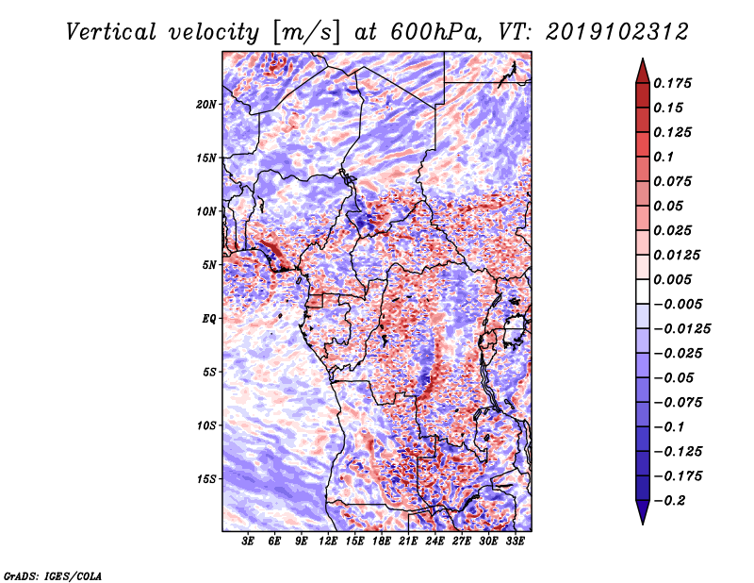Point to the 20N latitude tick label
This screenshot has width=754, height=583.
(x=206, y=104)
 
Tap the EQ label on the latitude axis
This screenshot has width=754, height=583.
(x=209, y=318)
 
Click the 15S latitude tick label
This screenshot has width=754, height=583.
(x=206, y=478)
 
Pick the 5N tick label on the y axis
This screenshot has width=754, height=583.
(x=209, y=264)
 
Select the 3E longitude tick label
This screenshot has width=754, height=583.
(x=249, y=541)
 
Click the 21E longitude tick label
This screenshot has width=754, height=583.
(x=408, y=541)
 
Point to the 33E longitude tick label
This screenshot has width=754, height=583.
(x=515, y=541)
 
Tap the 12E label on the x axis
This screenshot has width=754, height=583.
(x=328, y=541)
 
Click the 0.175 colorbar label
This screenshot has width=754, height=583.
(x=675, y=83)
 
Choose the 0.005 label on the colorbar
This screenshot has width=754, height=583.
(x=675, y=279)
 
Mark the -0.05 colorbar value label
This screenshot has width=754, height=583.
(x=675, y=377)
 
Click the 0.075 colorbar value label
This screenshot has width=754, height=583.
(x=675, y=181)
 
